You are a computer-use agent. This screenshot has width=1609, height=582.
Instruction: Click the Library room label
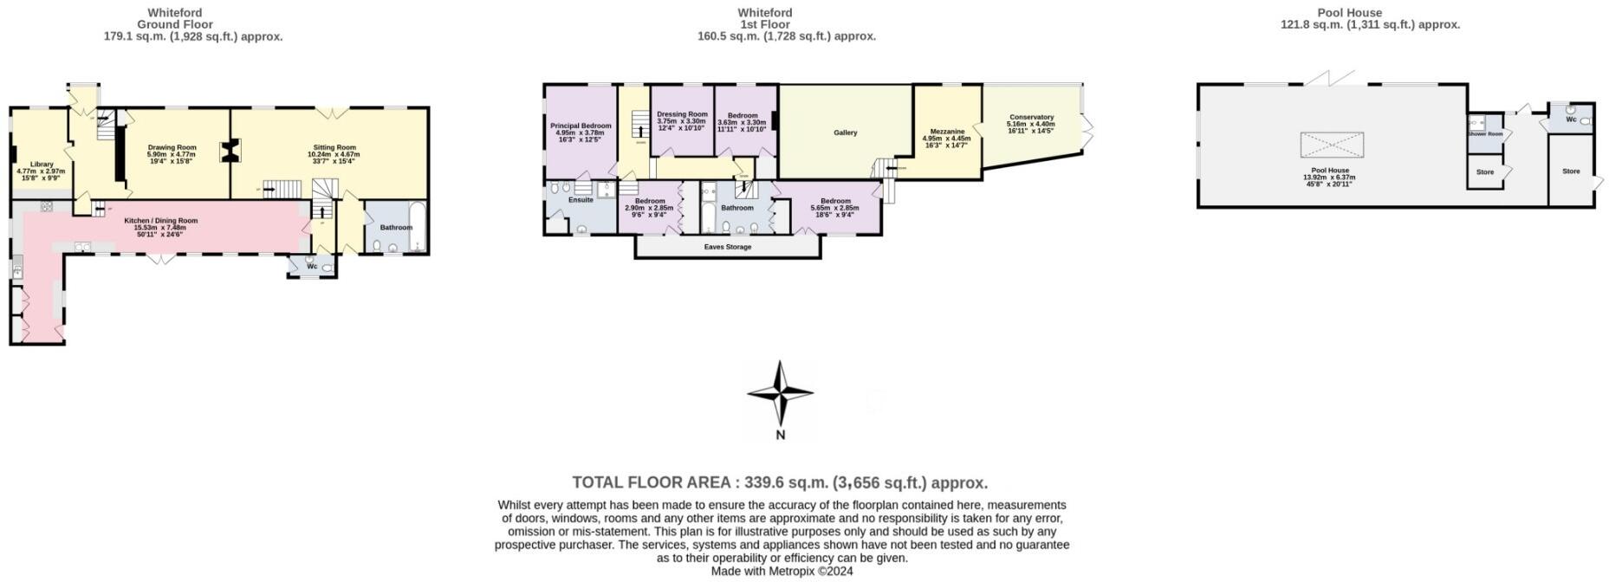tap(42, 164)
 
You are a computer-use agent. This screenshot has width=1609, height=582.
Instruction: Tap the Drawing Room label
tap(172, 147)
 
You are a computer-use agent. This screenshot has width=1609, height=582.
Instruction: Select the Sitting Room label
tap(334, 147)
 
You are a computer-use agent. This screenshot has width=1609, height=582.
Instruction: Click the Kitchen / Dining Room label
tap(160, 221)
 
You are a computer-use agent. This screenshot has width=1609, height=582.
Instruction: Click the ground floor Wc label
tap(312, 266)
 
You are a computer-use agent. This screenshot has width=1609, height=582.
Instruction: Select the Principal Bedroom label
tap(581, 126)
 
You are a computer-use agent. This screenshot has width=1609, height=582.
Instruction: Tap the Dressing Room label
tap(682, 114)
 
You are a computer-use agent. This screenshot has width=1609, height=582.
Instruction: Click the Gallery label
tap(845, 133)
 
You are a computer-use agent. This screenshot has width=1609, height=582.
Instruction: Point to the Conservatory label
tap(1031, 117)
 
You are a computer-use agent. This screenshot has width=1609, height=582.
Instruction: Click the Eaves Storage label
tap(727, 247)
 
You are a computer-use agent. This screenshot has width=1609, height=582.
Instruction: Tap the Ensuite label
tap(581, 200)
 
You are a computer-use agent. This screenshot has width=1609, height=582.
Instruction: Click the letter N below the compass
tap(780, 436)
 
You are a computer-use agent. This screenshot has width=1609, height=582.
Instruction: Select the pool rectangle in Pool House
tap(1332, 145)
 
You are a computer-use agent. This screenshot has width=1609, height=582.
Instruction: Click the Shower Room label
tap(1484, 134)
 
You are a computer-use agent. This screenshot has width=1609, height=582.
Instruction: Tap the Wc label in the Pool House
tap(1571, 120)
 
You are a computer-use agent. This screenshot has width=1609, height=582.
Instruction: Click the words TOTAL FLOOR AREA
tap(654, 483)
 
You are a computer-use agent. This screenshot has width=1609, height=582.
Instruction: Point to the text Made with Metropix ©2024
tap(782, 572)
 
